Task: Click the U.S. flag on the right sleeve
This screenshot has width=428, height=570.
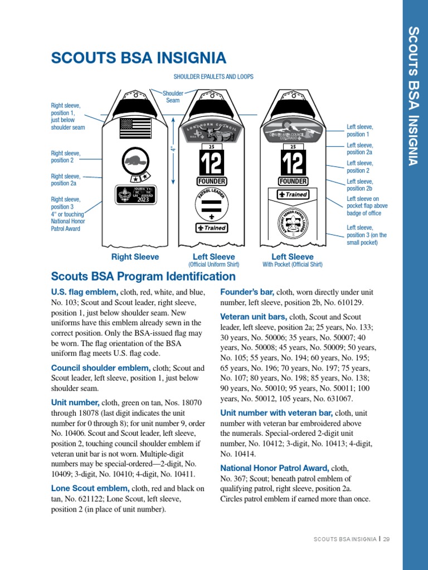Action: (135, 128)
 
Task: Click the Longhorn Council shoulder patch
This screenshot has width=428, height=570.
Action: (212, 134)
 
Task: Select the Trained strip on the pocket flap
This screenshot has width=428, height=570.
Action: (293, 195)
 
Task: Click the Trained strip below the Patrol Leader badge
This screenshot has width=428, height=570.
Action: (212, 228)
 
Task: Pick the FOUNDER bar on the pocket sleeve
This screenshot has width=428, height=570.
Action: (293, 181)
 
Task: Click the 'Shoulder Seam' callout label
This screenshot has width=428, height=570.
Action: (173, 97)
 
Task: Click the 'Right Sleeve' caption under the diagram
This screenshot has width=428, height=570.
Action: (135, 257)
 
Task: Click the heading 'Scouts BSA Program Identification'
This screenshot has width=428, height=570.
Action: (143, 277)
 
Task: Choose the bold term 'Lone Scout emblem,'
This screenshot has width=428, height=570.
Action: (90, 489)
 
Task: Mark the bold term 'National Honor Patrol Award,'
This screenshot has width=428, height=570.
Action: (275, 468)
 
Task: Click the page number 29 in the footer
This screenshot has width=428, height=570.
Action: (386, 539)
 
